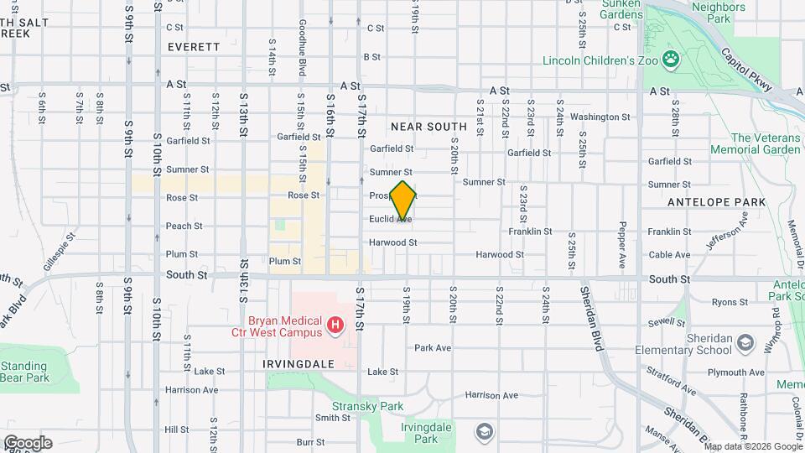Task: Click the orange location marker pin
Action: click(403, 200)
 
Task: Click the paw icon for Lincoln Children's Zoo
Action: click(670, 59)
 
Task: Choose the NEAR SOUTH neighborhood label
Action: click(423, 126)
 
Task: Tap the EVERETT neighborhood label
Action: click(193, 47)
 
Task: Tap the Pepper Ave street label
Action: click(622, 244)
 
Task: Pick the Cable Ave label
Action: click(669, 255)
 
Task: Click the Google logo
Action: click(28, 443)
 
